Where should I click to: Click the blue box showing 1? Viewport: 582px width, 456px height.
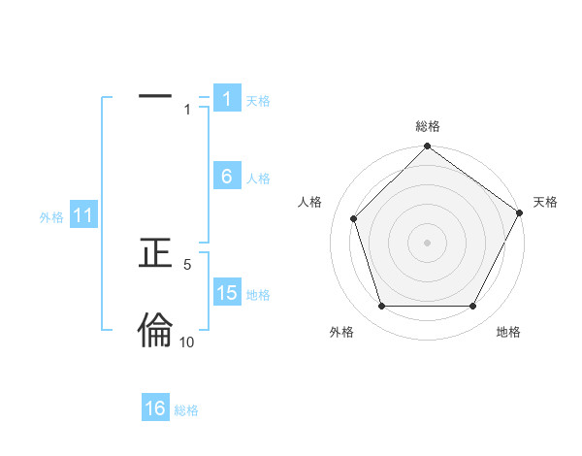pyautogui.click(x=226, y=99)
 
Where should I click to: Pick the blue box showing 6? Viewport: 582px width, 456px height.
pyautogui.click(x=226, y=177)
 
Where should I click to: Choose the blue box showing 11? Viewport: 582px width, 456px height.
pyautogui.click(x=82, y=216)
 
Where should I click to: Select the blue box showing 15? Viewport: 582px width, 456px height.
pyautogui.click(x=226, y=293)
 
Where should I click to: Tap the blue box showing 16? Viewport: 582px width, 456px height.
pyautogui.click(x=155, y=408)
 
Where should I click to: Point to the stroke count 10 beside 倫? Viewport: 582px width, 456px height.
pyautogui.click(x=187, y=342)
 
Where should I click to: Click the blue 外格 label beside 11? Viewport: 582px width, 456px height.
pyautogui.click(x=51, y=217)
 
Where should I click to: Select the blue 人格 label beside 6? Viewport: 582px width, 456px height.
pyautogui.click(x=258, y=179)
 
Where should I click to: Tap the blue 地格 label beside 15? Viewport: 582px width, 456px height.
pyautogui.click(x=258, y=295)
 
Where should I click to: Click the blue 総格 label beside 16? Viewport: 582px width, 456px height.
pyautogui.click(x=186, y=410)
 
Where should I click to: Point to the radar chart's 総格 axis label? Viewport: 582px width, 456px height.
pyautogui.click(x=428, y=126)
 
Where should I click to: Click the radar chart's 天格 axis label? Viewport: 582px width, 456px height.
pyautogui.click(x=545, y=202)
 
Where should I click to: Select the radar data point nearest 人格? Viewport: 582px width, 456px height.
pyautogui.click(x=354, y=218)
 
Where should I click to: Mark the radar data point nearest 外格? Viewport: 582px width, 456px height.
pyautogui.click(x=381, y=307)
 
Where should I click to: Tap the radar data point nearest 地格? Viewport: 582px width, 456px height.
pyautogui.click(x=473, y=307)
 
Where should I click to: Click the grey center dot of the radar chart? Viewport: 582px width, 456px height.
pyautogui.click(x=428, y=242)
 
